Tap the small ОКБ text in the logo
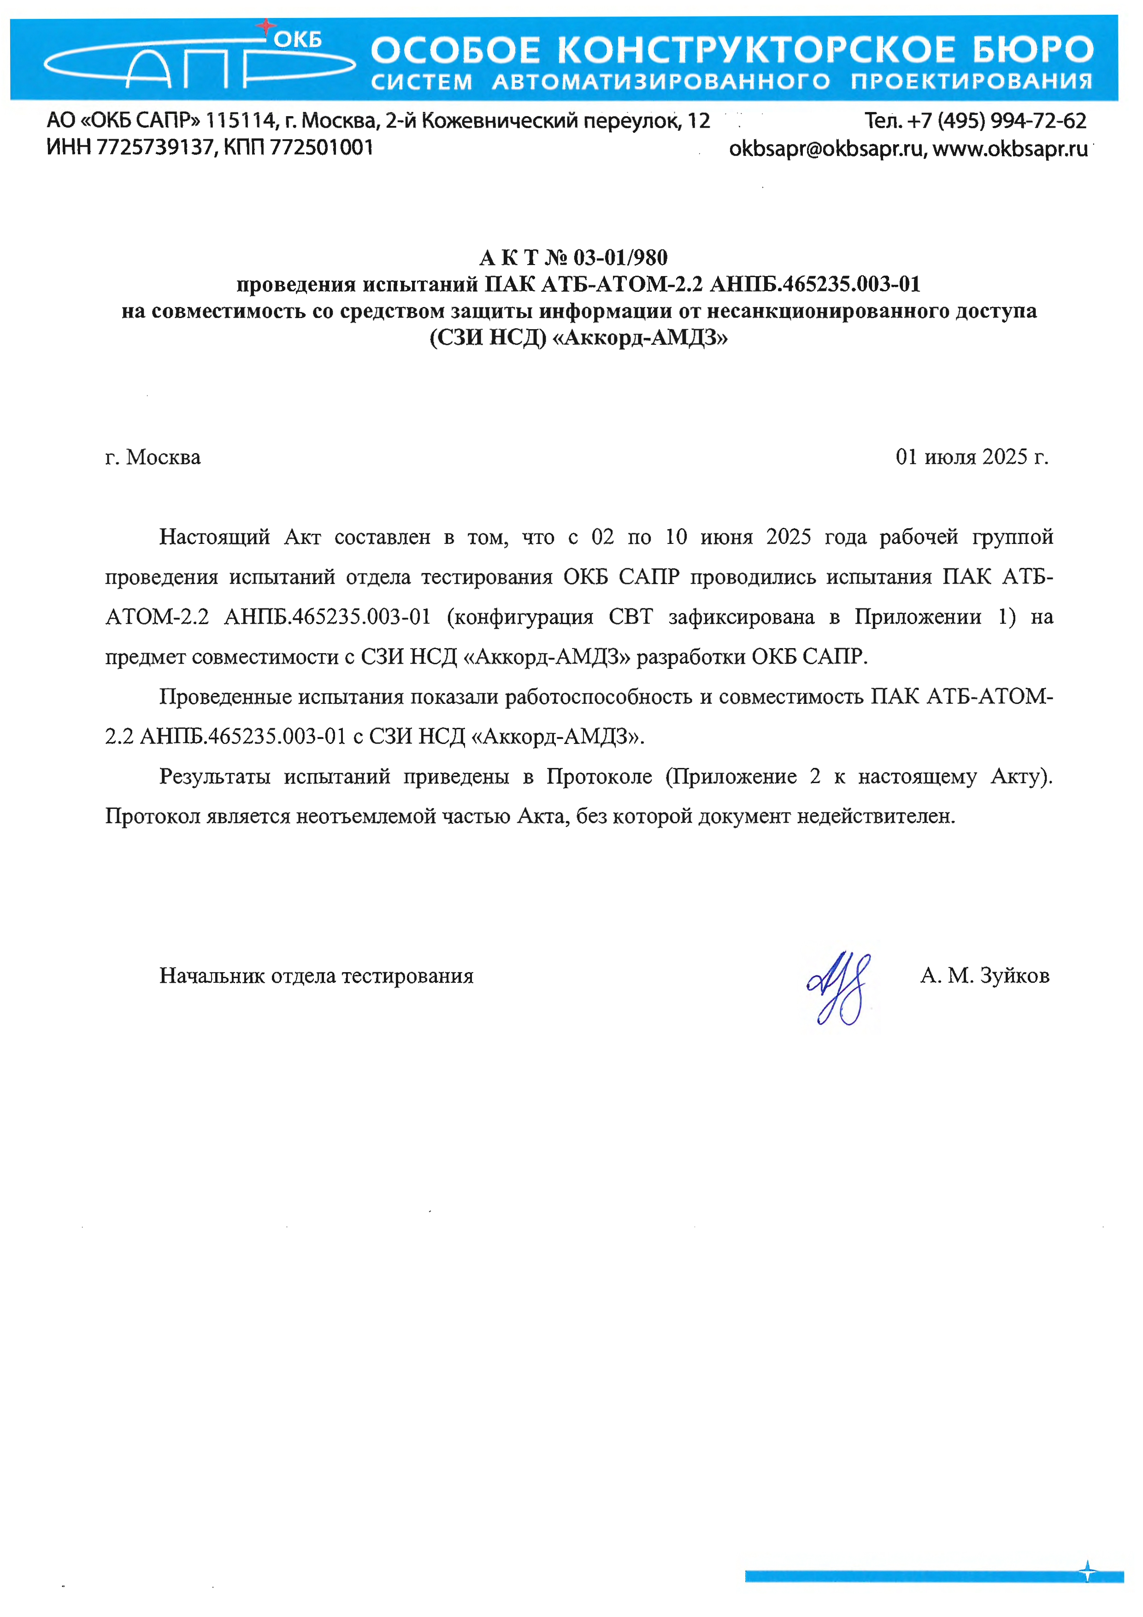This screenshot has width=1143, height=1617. pyautogui.click(x=298, y=40)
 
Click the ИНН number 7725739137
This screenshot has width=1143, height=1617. pyautogui.click(x=155, y=148)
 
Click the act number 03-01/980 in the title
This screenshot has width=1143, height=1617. pyautogui.click(x=620, y=258)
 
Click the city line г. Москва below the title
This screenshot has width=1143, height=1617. pyautogui.click(x=153, y=458)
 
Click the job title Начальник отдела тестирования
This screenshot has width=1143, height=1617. pyautogui.click(x=316, y=976)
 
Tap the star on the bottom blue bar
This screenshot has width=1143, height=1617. pyautogui.click(x=1087, y=1570)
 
